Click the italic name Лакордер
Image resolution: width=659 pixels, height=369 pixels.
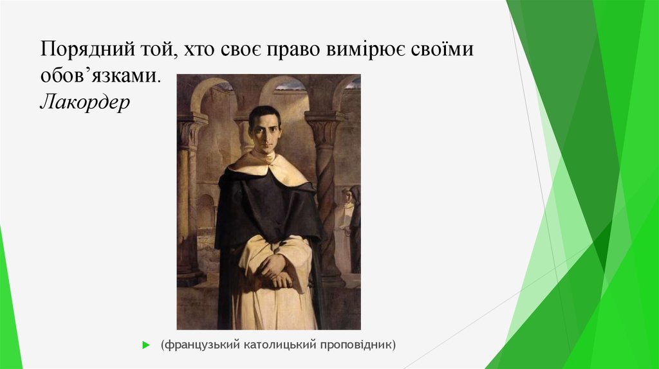(x=84, y=101)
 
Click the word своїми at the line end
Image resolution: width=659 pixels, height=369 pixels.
(x=442, y=50)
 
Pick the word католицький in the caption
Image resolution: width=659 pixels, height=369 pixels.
(x=279, y=345)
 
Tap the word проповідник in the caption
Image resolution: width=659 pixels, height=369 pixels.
(x=358, y=345)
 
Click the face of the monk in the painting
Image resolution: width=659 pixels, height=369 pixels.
(x=265, y=132)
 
